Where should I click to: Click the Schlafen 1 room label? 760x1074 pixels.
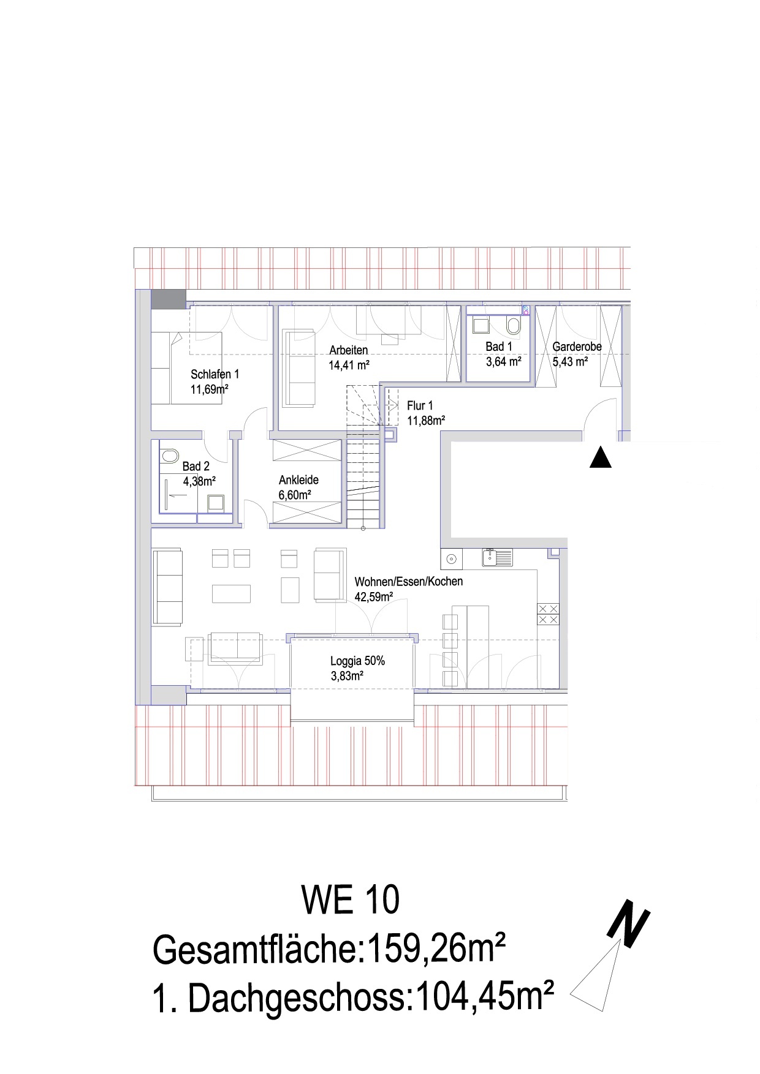click(x=215, y=374)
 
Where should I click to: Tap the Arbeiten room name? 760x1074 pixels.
click(x=349, y=350)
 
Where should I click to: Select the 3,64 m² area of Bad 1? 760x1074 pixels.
click(x=503, y=362)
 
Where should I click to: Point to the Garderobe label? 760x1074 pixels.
click(x=577, y=347)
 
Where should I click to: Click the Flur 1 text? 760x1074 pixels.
click(x=420, y=405)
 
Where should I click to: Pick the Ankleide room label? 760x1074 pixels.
click(x=298, y=480)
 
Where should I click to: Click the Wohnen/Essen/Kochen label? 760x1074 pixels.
click(x=409, y=582)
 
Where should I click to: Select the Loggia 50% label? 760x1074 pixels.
click(x=357, y=661)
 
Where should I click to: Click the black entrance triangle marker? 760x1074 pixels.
click(x=601, y=457)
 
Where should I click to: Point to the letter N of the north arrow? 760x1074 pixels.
click(x=628, y=926)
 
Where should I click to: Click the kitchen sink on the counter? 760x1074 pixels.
click(x=497, y=558)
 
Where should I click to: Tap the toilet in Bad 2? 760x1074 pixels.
click(x=169, y=456)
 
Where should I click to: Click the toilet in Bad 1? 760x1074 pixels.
click(x=513, y=325)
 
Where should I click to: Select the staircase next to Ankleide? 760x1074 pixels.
click(x=364, y=456)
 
